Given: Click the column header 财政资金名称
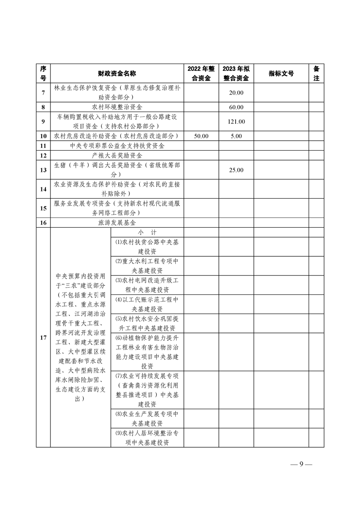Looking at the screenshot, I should tap(117, 73).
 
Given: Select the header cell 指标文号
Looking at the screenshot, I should tap(281, 73).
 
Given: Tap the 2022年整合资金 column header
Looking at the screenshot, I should tap(201, 73).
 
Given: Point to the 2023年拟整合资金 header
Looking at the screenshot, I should tap(236, 73).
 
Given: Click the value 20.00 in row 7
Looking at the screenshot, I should tap(236, 93).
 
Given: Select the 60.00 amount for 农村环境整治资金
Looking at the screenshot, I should tap(236, 108).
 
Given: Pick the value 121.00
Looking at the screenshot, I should tap(236, 122).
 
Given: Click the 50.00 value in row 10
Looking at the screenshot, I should tap(201, 136).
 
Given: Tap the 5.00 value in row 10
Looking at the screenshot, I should tap(236, 136).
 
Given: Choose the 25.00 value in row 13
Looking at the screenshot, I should tap(236, 170).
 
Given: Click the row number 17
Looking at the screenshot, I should tap(43, 338).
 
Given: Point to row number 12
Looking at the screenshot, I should tap(43, 156).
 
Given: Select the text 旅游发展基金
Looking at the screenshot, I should tap(117, 223).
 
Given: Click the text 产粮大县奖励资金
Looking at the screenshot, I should tap(117, 156).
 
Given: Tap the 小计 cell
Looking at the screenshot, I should tap(147, 232).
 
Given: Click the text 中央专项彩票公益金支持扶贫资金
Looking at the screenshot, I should tap(117, 146).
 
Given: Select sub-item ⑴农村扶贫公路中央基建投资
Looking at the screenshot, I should tap(147, 246).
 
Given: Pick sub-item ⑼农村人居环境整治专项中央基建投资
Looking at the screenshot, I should tap(147, 438).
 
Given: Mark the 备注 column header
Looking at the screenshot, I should tap(316, 73).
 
